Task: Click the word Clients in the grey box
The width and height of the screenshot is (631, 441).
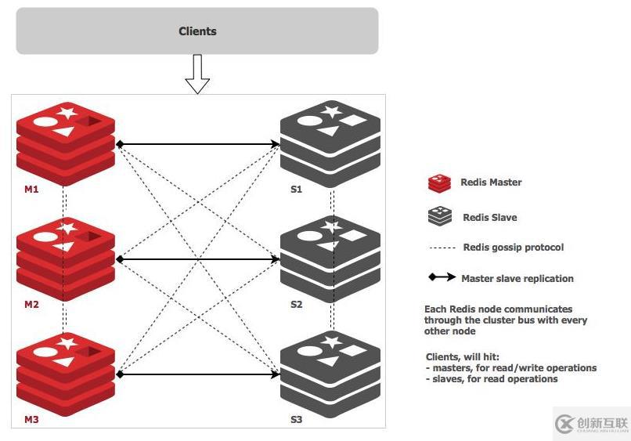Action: pos(197,31)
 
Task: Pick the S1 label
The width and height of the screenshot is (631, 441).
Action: pos(296,190)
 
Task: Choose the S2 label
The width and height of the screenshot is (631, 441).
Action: pos(296,305)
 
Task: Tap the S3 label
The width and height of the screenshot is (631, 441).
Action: pos(296,420)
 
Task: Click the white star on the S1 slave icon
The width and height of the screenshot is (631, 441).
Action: pos(331,111)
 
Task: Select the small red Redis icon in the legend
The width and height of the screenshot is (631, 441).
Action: pos(439,183)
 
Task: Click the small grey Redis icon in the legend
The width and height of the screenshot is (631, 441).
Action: pos(439,217)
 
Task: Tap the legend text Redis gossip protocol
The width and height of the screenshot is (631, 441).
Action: pos(513,248)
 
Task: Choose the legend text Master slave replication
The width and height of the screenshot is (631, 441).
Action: pos(517,278)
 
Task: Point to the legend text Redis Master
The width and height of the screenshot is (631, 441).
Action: pos(491,183)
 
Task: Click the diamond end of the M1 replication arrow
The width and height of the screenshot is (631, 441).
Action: pos(120,144)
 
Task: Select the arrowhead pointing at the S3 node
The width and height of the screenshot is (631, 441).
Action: pos(276,374)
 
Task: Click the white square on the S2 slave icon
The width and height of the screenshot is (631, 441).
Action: pos(355,235)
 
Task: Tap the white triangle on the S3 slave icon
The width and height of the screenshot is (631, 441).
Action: pos(330,360)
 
